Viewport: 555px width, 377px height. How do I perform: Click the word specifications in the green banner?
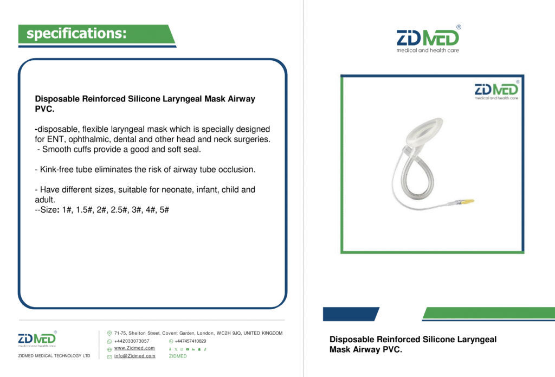coord(76,33)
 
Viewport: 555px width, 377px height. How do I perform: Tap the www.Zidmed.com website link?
coord(134,348)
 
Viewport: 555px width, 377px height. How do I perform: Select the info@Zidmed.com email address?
coord(134,356)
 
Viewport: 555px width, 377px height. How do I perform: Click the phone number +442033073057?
coord(132,341)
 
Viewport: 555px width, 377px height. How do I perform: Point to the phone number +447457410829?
coord(190,341)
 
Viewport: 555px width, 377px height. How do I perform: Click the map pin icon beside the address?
coord(109,333)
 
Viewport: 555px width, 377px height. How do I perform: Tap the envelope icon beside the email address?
coord(109,357)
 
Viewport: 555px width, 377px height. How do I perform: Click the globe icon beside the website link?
coord(109,349)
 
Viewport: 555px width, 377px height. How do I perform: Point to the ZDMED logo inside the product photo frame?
coord(496,91)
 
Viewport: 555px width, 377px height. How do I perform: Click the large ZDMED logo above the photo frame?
coord(428,39)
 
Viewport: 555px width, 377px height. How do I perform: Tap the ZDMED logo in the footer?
coord(37,339)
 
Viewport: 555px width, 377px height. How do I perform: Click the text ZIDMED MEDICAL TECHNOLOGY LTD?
coord(54,356)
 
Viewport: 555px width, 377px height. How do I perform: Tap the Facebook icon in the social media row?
coord(170,349)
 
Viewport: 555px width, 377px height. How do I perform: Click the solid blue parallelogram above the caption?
coord(351,314)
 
